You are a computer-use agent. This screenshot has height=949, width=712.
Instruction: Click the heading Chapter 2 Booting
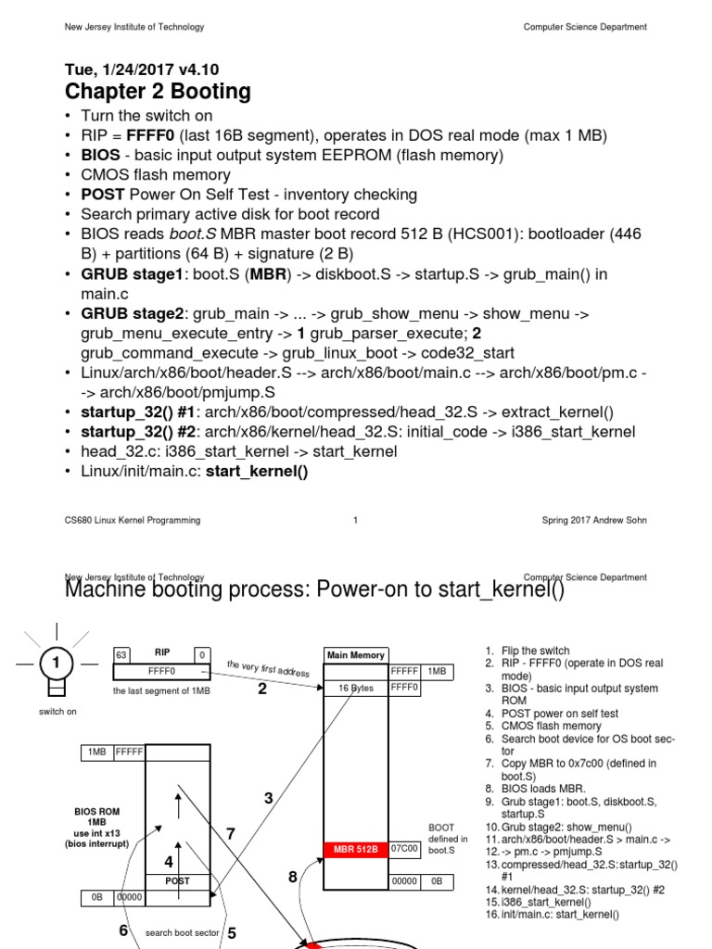pos(158,92)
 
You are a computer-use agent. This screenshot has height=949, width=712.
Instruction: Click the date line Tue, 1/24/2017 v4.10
pos(141,70)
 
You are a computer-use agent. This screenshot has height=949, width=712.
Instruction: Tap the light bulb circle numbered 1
pos(57,664)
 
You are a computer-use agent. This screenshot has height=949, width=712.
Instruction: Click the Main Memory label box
pos(355,655)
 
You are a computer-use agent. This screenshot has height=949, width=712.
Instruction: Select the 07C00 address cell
pos(406,848)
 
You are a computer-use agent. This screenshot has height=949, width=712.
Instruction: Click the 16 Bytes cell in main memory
pos(355,688)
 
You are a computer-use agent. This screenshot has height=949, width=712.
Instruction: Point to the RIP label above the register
pos(162,652)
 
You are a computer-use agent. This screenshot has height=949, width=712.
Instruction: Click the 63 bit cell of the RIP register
pos(121,654)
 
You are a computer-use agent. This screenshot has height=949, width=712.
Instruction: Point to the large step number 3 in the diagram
pos(269,797)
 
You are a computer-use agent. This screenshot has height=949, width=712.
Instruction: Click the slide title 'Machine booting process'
pos(313,590)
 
